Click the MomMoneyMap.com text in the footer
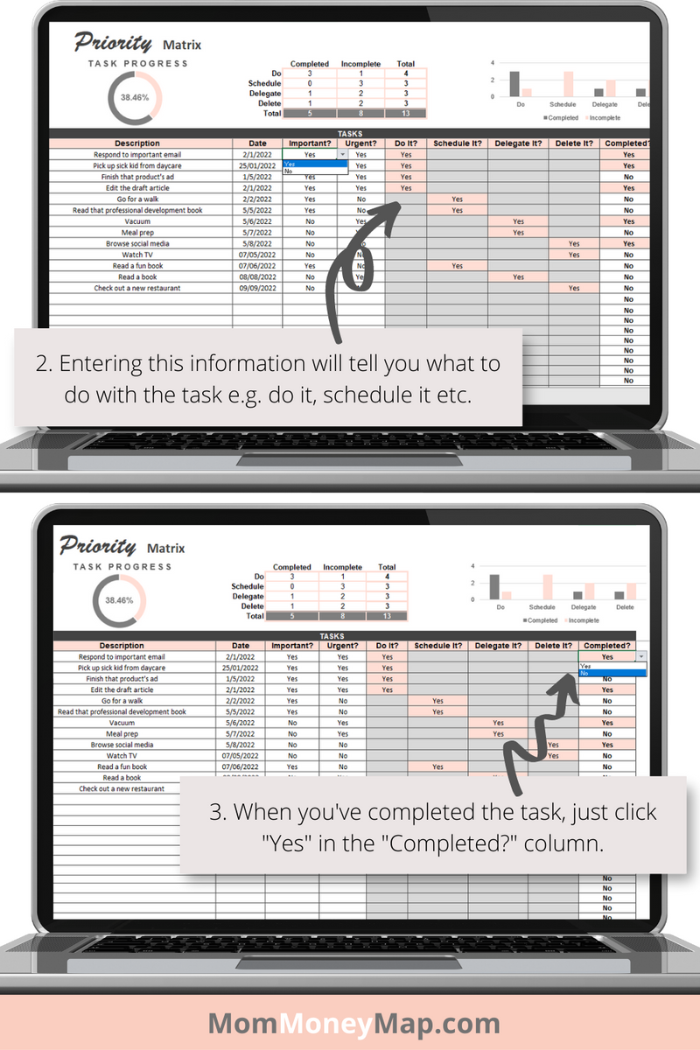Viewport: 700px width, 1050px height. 353,1023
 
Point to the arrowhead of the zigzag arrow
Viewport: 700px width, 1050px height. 569,680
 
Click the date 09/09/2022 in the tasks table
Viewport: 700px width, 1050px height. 258,288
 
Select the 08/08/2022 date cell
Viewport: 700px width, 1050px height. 258,276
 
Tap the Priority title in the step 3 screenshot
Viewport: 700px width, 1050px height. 98,547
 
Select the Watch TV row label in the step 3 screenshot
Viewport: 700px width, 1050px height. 122,755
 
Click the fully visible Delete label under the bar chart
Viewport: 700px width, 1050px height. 625,606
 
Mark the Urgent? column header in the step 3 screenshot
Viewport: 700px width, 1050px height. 343,646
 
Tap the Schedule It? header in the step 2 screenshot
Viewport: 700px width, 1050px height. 457,143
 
